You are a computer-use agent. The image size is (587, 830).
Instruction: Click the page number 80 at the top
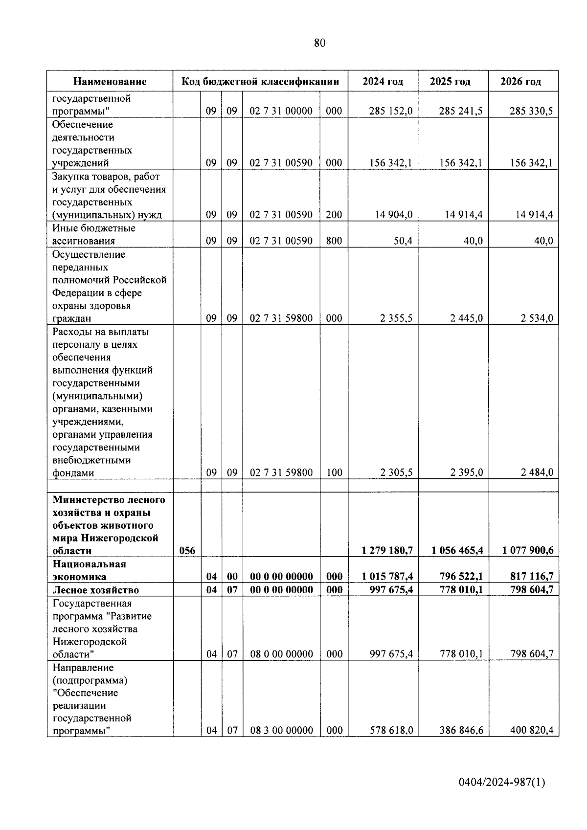point(319,43)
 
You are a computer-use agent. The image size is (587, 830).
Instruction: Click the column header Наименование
point(110,82)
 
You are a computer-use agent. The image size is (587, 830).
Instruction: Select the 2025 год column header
point(450,82)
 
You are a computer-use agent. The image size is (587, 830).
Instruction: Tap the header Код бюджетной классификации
point(260,82)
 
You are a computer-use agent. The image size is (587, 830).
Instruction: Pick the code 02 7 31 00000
point(281,111)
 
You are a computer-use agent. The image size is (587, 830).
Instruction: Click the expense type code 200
point(334,215)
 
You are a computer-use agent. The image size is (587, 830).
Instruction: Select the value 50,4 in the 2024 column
point(403,241)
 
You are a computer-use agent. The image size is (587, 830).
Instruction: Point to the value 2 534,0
point(537,318)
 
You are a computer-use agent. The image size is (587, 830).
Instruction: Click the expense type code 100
point(334,472)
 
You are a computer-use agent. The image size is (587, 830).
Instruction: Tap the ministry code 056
point(187,551)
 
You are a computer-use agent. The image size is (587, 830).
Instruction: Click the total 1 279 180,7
point(387,551)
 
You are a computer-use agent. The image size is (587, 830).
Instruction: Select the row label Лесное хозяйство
point(96,590)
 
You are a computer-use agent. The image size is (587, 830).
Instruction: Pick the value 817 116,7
point(532,577)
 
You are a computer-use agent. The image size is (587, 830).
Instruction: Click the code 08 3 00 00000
point(281,731)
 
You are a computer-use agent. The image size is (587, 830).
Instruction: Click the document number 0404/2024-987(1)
point(501,783)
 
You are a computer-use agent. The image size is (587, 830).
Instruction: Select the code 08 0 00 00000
point(281,654)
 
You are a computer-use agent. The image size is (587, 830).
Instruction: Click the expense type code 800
point(334,241)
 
